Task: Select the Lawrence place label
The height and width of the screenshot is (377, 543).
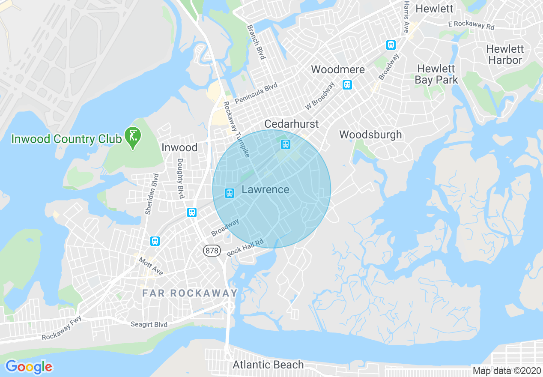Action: [266, 190]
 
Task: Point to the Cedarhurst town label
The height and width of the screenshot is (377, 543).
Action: [292, 124]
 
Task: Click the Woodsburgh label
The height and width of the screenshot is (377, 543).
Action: [370, 135]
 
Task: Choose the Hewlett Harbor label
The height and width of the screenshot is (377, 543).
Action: [505, 54]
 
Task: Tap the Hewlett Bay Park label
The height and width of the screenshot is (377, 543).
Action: [436, 74]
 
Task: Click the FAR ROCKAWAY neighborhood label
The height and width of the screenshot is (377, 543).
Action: [190, 293]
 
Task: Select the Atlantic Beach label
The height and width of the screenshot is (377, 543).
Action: [268, 365]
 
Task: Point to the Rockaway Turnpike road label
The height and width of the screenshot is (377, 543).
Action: [236, 129]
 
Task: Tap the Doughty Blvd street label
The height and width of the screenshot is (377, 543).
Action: [181, 178]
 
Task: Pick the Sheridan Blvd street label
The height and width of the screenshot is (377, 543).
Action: [149, 194]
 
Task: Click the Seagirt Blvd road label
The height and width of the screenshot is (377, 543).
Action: [149, 324]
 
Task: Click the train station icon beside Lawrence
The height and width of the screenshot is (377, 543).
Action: [230, 193]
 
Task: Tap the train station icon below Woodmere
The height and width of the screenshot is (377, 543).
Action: [347, 85]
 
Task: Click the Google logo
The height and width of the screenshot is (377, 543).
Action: [29, 367]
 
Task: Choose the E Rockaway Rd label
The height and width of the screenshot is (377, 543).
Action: [471, 25]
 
